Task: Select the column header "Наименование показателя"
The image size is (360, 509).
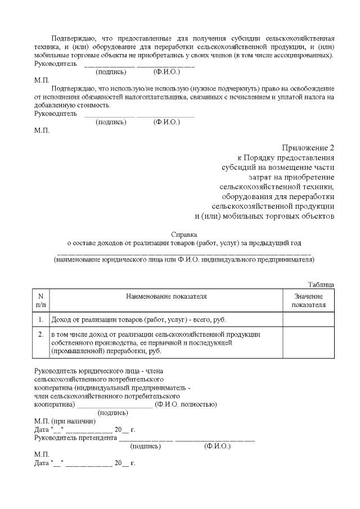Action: (166, 296)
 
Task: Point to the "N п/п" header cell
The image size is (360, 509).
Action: (40, 300)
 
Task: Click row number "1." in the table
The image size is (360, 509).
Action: (40, 319)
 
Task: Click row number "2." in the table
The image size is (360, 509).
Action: (40, 334)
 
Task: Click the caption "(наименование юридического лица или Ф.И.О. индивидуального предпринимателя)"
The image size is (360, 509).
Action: (184, 259)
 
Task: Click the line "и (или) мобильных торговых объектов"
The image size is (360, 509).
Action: (264, 215)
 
